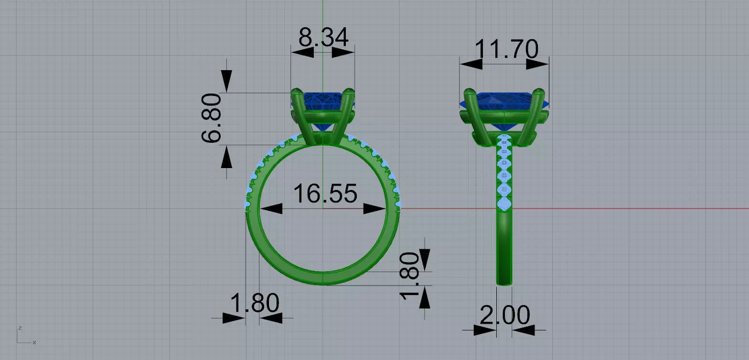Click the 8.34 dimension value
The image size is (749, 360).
click(x=323, y=37)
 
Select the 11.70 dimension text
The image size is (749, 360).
click(x=506, y=49)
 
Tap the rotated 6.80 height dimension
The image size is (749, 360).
click(x=211, y=118)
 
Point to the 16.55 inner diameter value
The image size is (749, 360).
click(x=325, y=193)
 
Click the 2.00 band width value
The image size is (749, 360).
click(x=504, y=315)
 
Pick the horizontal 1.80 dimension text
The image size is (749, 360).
click(x=255, y=303)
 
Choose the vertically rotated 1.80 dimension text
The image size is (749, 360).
click(x=409, y=276)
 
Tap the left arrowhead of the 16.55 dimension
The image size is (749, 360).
click(x=271, y=209)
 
